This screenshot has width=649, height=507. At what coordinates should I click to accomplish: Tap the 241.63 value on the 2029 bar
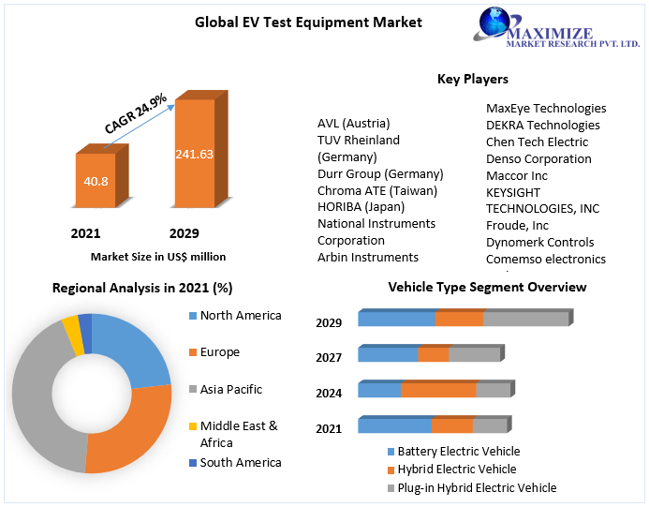pyautogui.click(x=194, y=154)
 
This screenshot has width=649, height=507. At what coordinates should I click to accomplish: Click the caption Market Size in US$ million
pyautogui.click(x=157, y=256)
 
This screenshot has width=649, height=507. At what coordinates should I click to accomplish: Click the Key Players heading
pyautogui.click(x=473, y=79)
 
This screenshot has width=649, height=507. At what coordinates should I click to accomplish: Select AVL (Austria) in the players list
pyautogui.click(x=353, y=123)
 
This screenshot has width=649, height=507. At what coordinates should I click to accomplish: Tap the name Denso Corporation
pyautogui.click(x=538, y=158)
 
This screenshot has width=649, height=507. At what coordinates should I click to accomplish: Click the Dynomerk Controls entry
pyautogui.click(x=539, y=242)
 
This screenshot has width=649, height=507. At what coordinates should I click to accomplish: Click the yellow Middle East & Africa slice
pyautogui.click(x=71, y=334)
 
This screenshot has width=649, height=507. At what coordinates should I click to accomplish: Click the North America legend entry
pyautogui.click(x=240, y=316)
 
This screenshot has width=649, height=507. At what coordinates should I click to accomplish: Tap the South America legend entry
pyautogui.click(x=240, y=462)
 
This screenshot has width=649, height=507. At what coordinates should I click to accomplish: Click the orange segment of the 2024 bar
pyautogui.click(x=438, y=390)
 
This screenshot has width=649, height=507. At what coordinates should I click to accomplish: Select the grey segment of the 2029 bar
pyautogui.click(x=525, y=319)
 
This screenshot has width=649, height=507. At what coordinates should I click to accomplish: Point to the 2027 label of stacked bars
pyautogui.click(x=329, y=357)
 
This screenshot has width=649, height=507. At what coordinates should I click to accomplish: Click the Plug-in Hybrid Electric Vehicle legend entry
pyautogui.click(x=477, y=487)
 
